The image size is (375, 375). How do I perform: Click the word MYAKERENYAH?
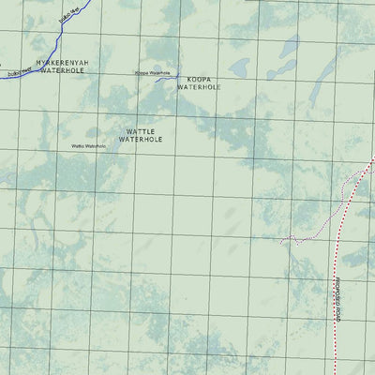63,63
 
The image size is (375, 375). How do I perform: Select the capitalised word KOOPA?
198,79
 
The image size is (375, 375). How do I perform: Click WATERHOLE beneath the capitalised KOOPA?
198,87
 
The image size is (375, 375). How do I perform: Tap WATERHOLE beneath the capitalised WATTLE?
141,140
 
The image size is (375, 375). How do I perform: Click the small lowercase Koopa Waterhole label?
153,72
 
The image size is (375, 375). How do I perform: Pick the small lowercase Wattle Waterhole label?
89,146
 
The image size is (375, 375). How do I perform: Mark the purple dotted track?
314,236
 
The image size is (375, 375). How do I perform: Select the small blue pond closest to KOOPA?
240,67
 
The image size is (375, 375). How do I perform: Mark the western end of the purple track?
281,241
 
